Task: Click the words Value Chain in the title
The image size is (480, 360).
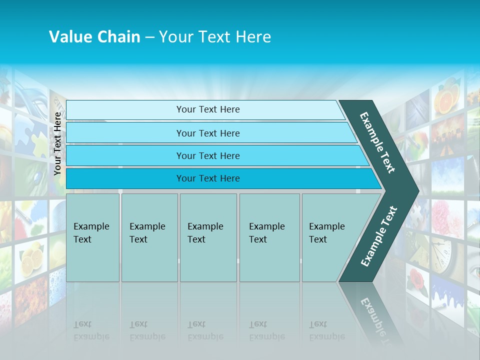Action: click(x=94, y=37)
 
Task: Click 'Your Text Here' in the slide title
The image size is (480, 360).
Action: click(x=215, y=37)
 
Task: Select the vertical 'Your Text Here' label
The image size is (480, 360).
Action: click(x=58, y=143)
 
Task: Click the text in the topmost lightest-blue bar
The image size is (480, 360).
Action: click(x=208, y=109)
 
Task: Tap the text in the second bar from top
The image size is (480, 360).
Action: click(x=208, y=133)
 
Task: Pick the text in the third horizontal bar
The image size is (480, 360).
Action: click(x=208, y=156)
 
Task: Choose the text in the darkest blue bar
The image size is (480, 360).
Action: click(x=208, y=178)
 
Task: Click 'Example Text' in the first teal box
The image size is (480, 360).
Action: click(x=91, y=233)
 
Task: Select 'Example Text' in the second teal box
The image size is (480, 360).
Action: click(x=147, y=233)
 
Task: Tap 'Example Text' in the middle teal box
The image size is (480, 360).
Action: click(x=205, y=233)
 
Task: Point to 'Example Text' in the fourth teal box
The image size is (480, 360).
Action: click(x=266, y=233)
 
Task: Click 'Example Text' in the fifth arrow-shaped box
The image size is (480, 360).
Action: click(x=326, y=233)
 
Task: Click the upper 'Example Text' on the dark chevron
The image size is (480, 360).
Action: click(x=377, y=142)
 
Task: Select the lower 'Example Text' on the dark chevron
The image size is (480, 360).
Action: click(x=379, y=236)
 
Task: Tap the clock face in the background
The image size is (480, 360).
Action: click(x=442, y=255)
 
